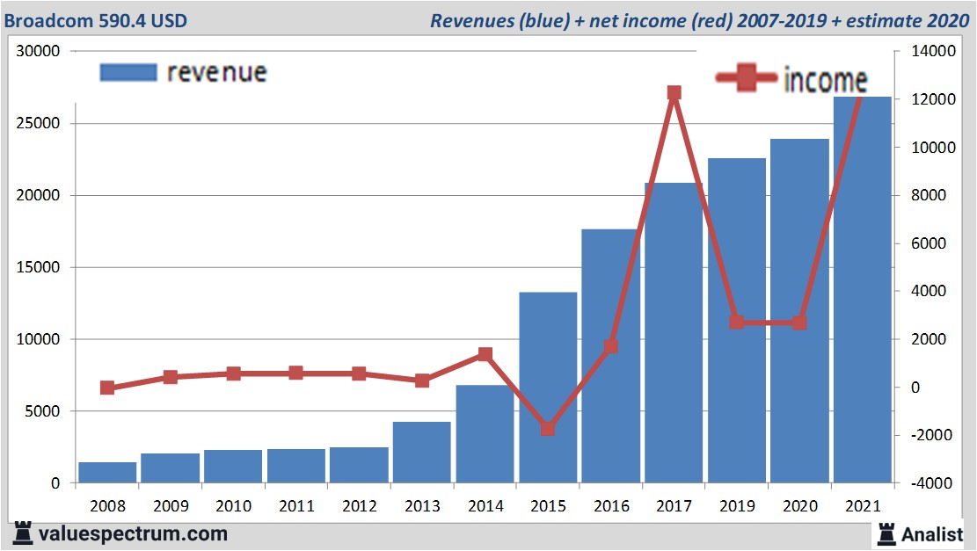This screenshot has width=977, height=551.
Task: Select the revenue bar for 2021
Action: click(863, 290)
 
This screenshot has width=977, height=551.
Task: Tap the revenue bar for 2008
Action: click(107, 472)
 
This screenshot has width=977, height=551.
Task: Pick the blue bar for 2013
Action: click(422, 452)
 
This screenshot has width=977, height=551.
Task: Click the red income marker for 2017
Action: click(674, 93)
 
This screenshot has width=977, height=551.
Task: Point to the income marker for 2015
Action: click(548, 429)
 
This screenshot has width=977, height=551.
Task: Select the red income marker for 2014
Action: click(485, 354)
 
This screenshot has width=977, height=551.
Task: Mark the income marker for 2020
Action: click(799, 323)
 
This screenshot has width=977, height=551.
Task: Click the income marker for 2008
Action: click(107, 388)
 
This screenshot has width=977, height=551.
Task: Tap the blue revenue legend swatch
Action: click(128, 72)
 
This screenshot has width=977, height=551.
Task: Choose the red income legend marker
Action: click(747, 78)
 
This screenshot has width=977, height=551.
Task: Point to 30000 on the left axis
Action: click(38, 52)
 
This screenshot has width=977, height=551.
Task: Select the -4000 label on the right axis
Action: click(919, 483)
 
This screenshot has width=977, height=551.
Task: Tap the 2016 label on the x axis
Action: click(611, 506)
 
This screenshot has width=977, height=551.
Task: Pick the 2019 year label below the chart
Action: click(737, 506)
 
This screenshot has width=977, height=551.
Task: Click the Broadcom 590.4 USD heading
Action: click(96, 19)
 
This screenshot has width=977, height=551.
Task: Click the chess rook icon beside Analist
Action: click(886, 533)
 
